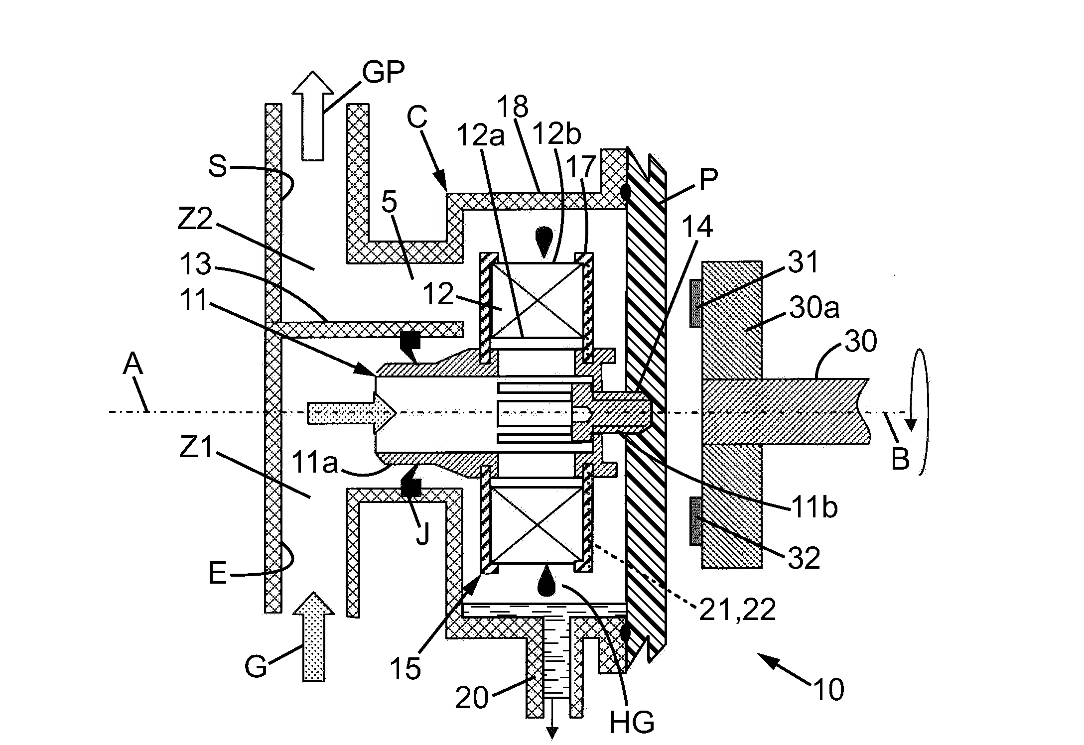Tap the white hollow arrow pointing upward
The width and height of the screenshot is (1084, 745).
[x=313, y=116]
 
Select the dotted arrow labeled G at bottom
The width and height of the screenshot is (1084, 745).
[x=313, y=636]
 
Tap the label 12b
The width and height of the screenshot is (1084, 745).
[x=556, y=134]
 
